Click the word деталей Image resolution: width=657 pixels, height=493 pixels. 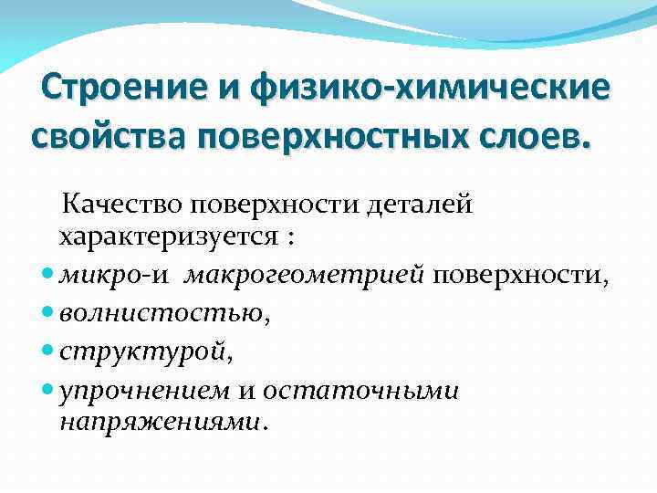pos(420,205)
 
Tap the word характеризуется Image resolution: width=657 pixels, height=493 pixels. pos(167,238)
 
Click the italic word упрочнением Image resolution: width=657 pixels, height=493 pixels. pos(146,391)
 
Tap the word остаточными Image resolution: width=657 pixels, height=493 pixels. pos(361,391)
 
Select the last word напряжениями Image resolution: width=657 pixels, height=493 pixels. pos(162,422)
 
